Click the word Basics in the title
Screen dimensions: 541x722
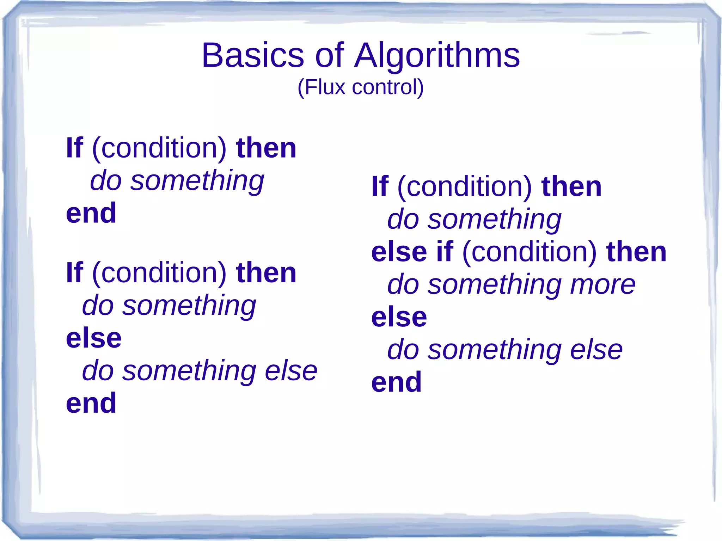tap(252, 55)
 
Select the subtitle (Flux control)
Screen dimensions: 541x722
tap(360, 87)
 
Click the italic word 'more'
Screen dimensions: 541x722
tap(603, 284)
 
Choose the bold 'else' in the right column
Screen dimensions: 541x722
tap(399, 317)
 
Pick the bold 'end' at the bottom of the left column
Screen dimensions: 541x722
tap(91, 403)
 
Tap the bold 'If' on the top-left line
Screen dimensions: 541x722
tap(74, 148)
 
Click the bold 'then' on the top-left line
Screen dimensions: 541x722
tap(266, 148)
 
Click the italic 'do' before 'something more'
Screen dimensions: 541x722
tap(403, 284)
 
